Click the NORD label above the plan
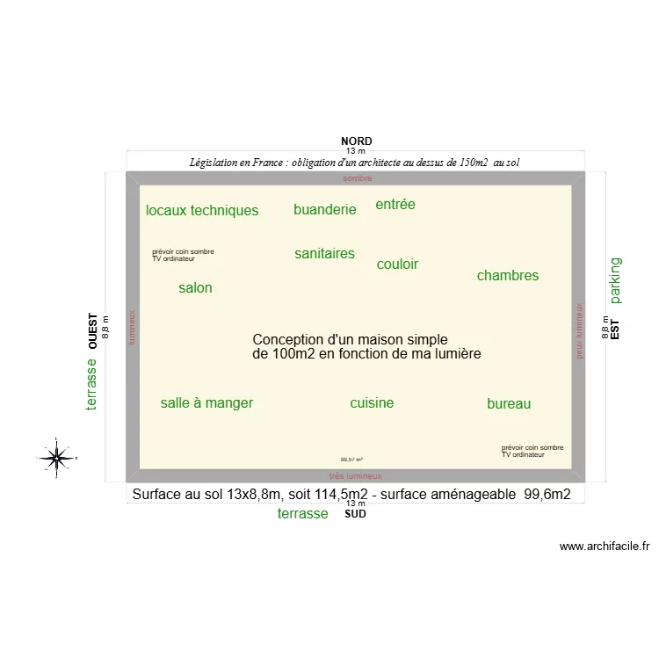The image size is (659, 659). (x=356, y=141)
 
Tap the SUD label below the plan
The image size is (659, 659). (x=355, y=514)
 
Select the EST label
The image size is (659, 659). (x=615, y=329)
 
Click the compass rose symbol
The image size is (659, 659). (x=56, y=456)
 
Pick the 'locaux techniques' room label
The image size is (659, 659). (x=202, y=210)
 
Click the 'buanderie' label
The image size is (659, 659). (x=325, y=209)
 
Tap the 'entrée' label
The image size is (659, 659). (x=395, y=205)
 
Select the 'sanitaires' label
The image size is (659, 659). (x=325, y=254)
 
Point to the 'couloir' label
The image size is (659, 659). (x=397, y=264)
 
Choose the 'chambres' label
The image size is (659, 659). (x=508, y=276)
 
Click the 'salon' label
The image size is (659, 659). (x=195, y=287)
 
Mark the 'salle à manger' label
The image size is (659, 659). (x=206, y=403)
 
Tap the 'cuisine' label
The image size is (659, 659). (x=372, y=403)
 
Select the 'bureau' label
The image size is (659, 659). (x=509, y=404)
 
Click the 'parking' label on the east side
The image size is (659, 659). (x=615, y=279)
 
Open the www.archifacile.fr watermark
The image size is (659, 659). (x=605, y=546)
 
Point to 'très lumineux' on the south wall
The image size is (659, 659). (x=356, y=475)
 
